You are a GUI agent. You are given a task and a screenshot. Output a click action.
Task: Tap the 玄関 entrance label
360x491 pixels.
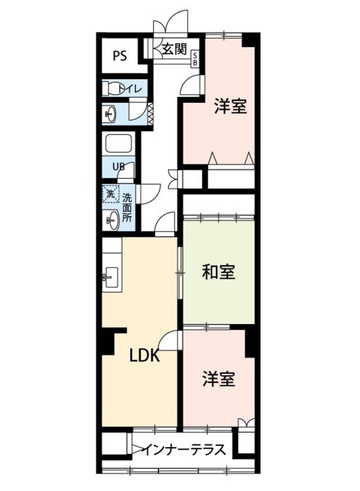click(x=174, y=50)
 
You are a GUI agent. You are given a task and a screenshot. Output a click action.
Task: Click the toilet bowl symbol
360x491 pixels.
click(x=110, y=89)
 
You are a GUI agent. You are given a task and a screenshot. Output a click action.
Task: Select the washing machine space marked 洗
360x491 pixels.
click(x=110, y=194)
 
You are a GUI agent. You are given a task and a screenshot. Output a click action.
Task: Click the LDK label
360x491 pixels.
click(x=145, y=355)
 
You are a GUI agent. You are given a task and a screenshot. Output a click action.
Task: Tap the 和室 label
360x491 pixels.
click(x=218, y=273)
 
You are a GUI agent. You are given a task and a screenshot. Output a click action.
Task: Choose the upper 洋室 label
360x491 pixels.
click(x=231, y=107)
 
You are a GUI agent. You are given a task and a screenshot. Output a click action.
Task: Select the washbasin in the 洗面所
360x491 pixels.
click(x=111, y=221)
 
